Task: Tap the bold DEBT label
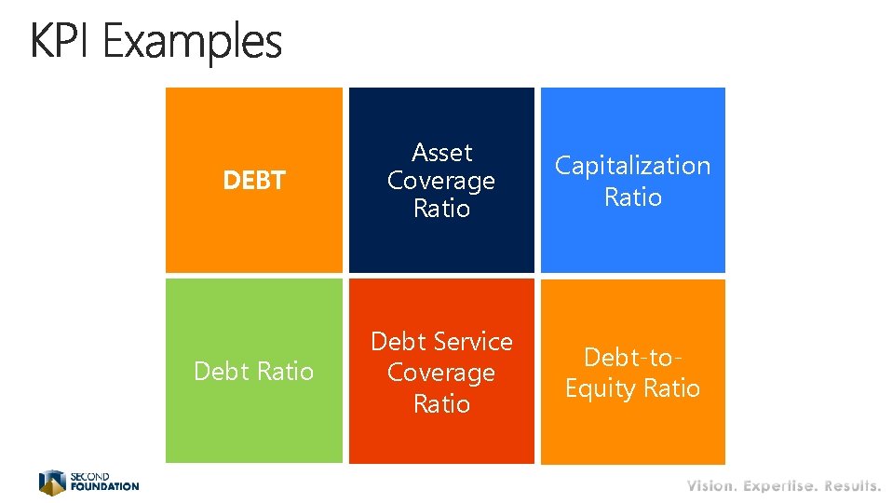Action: [x=253, y=181]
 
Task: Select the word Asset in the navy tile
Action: [x=441, y=152]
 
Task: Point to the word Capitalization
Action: [x=632, y=166]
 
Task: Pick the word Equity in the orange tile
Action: [x=604, y=388]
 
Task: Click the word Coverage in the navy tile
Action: [x=441, y=181]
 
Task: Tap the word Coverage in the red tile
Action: [x=441, y=373]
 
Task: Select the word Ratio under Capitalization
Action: [x=632, y=197]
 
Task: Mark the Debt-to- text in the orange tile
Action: [x=632, y=357]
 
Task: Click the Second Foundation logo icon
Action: [x=52, y=483]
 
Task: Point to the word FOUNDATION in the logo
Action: [x=104, y=486]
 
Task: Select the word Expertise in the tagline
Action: [x=780, y=486]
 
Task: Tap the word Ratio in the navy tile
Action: [x=441, y=209]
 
